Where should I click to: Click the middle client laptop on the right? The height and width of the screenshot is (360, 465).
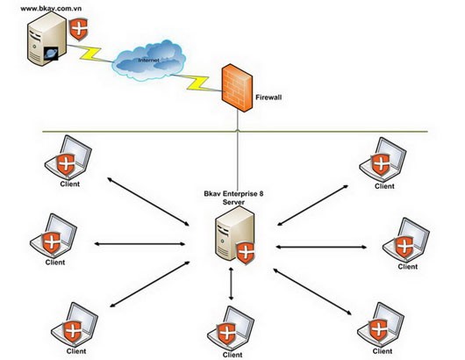pos(407,241)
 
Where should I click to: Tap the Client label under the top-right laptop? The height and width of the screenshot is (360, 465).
pos(384,186)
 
